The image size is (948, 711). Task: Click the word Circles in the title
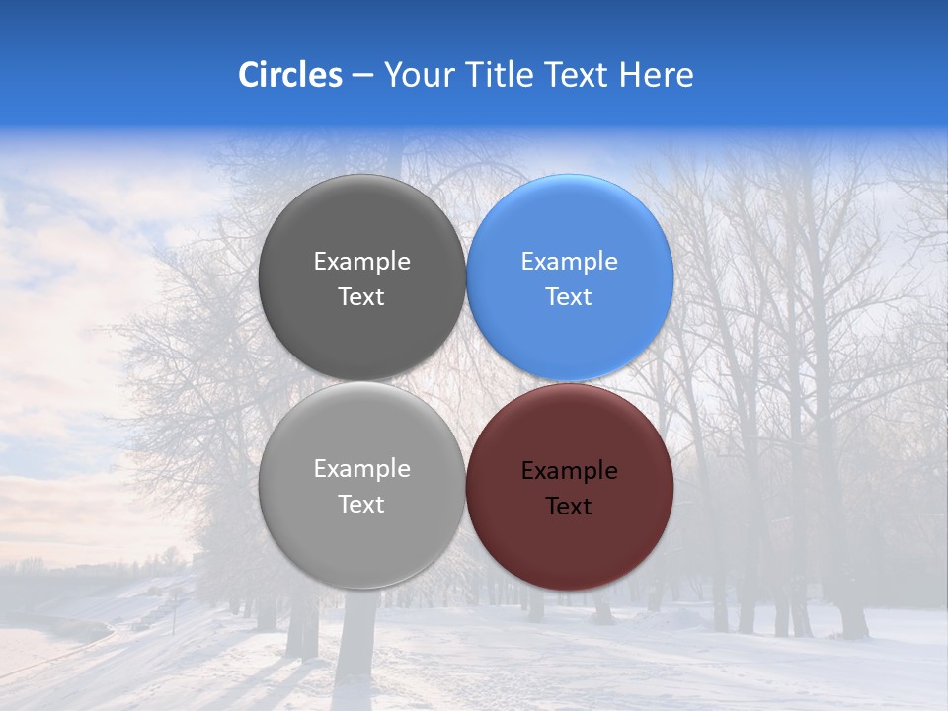coord(289,75)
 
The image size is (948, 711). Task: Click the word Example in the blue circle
coord(569,262)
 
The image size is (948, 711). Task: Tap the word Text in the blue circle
coord(569,297)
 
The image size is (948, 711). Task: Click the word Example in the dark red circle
coord(569,471)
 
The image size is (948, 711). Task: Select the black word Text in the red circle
coord(569,507)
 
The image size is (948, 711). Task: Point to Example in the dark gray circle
coord(361,262)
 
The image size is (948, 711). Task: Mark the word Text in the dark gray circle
coord(361,297)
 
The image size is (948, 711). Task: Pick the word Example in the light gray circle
coord(361,469)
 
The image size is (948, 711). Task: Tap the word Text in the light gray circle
coord(361,505)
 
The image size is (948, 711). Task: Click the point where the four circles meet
coord(466,381)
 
